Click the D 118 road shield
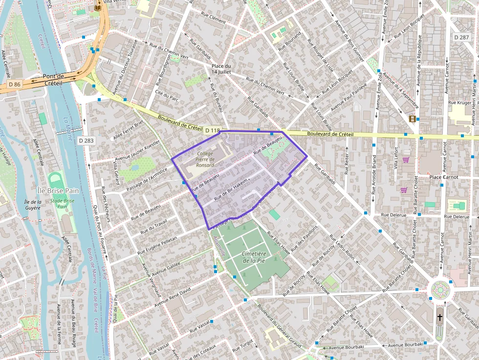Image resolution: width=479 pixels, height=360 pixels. pyautogui.click(x=212, y=130)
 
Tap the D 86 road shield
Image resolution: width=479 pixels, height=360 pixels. pyautogui.click(x=15, y=85)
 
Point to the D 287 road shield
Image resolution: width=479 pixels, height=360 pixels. pyautogui.click(x=461, y=37)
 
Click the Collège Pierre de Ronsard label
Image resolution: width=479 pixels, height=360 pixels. pyautogui.click(x=205, y=159)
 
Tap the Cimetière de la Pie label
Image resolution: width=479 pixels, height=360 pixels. pyautogui.click(x=254, y=257)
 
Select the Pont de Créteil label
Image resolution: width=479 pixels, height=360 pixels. pyautogui.click(x=53, y=80)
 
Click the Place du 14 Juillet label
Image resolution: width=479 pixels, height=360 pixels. pyautogui.click(x=221, y=69)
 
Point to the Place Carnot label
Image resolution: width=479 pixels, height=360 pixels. pyautogui.click(x=443, y=177)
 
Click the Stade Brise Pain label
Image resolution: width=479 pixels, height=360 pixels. pyautogui.click(x=62, y=203)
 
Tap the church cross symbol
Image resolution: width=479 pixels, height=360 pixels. pyautogui.click(x=439, y=317)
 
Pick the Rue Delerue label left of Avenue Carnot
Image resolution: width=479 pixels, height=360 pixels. pyautogui.click(x=393, y=214)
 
